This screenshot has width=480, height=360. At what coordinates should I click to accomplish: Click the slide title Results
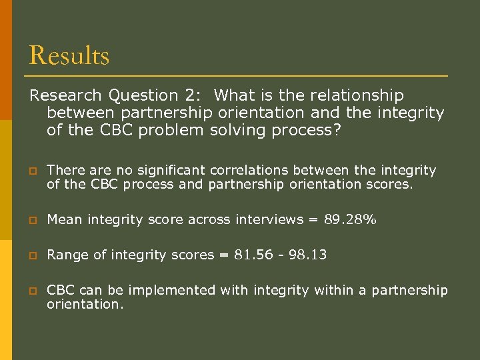(69, 55)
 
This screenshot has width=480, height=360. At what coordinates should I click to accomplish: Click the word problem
(172, 131)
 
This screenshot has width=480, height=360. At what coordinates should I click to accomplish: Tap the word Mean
(63, 219)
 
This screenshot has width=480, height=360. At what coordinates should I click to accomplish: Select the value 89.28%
(351, 219)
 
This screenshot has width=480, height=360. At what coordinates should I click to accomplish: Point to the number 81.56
(252, 255)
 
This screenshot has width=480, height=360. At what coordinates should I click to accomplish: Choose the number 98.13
(307, 255)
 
